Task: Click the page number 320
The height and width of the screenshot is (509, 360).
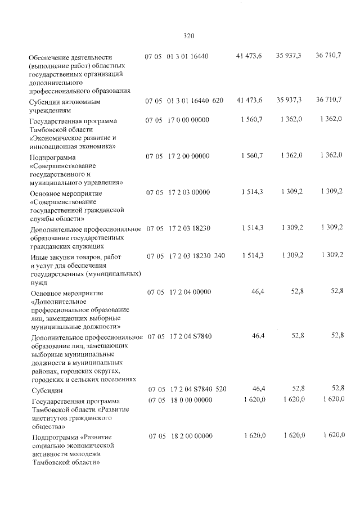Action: click(188, 36)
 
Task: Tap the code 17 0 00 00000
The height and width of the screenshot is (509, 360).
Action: click(188, 120)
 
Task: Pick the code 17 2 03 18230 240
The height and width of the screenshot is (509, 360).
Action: click(196, 256)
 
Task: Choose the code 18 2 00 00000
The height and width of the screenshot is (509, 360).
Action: click(189, 436)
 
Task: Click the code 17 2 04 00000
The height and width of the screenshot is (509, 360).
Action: click(188, 292)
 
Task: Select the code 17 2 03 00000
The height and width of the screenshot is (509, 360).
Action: click(188, 192)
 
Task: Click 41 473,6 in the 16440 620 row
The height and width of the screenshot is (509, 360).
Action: click(250, 100)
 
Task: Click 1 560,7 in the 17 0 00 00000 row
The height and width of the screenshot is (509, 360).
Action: click(251, 120)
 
